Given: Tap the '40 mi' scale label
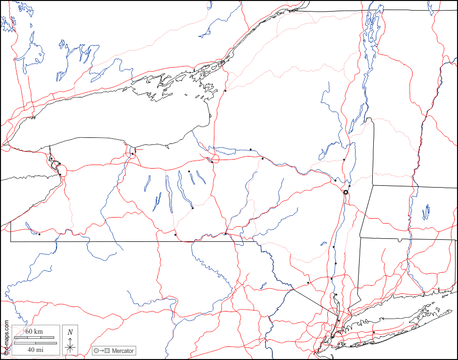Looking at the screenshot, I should pyautogui.click(x=35, y=349).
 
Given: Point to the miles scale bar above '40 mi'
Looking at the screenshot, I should pyautogui.click(x=35, y=343).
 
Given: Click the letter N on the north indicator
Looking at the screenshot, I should pyautogui.click(x=71, y=332).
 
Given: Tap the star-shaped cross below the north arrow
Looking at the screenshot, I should pyautogui.click(x=71, y=346).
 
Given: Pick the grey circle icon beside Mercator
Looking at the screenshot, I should pyautogui.click(x=96, y=350).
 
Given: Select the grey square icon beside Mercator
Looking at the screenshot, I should pyautogui.click(x=107, y=350).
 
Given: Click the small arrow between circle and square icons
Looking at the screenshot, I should pyautogui.click(x=101, y=350).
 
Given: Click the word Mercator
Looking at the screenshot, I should pyautogui.click(x=123, y=350).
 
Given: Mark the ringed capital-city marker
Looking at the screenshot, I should pyautogui.click(x=346, y=192).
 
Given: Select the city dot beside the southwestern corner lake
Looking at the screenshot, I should pyautogui.click(x=39, y=234).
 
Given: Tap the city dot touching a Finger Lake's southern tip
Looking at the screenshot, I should pyautogui.click(x=193, y=208).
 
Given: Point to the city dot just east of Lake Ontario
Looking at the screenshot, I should pyautogui.click(x=225, y=91).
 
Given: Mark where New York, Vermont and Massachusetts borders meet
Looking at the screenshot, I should pyautogui.click(x=373, y=185).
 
